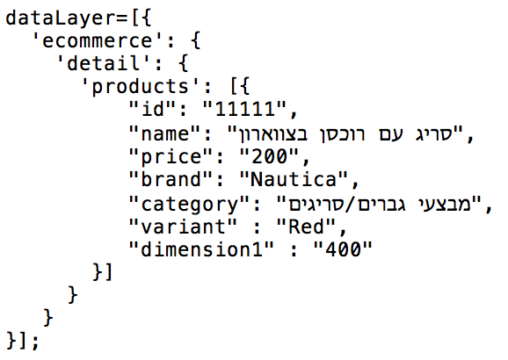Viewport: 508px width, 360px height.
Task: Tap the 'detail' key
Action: pos(98,63)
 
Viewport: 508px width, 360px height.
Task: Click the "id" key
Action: pos(154,109)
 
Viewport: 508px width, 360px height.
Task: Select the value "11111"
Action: pos(245,109)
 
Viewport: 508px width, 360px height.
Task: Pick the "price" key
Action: pos(171,156)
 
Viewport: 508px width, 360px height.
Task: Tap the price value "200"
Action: pos(269,156)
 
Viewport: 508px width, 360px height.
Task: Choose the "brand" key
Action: pos(171,179)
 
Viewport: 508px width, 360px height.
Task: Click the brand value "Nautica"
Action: pos(294,179)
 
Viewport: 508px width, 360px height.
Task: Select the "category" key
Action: pos(190,205)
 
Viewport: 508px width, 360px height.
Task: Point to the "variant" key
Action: pos(183,227)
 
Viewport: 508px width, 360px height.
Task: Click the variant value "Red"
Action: pos(306,227)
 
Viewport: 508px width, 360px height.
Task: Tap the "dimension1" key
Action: pos(201,249)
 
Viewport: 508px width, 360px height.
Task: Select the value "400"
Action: pos(343,249)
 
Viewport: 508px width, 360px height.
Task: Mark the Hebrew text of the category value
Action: pos(380,205)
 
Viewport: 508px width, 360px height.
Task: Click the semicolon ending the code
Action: pos(35,342)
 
